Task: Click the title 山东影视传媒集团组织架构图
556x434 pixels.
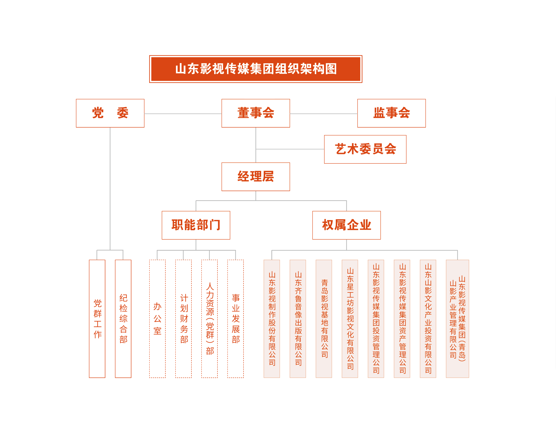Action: click(x=256, y=69)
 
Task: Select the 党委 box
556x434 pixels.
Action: click(x=110, y=113)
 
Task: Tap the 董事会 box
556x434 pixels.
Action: click(x=256, y=113)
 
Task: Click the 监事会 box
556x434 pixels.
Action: click(x=391, y=113)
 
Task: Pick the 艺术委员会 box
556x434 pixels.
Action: click(x=365, y=149)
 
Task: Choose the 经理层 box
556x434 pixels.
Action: click(x=256, y=177)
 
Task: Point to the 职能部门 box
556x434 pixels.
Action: click(x=196, y=225)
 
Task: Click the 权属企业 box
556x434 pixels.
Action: click(x=347, y=225)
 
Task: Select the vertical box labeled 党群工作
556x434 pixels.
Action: click(x=97, y=318)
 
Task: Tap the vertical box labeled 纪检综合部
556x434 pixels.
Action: click(x=123, y=318)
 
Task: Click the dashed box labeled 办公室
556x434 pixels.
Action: click(x=157, y=318)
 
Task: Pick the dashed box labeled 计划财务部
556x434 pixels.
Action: click(x=183, y=318)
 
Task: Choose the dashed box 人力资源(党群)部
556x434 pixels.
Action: click(x=209, y=318)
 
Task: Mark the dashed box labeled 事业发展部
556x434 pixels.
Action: click(x=236, y=318)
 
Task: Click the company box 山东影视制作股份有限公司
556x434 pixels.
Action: click(x=272, y=318)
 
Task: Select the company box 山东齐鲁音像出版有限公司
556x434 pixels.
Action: click(x=298, y=318)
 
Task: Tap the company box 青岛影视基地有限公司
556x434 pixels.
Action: click(x=324, y=318)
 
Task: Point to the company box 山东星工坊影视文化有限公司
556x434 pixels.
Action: click(x=350, y=318)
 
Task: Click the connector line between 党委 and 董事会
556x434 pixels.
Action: click(x=183, y=114)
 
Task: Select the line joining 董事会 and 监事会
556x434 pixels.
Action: click(x=324, y=114)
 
